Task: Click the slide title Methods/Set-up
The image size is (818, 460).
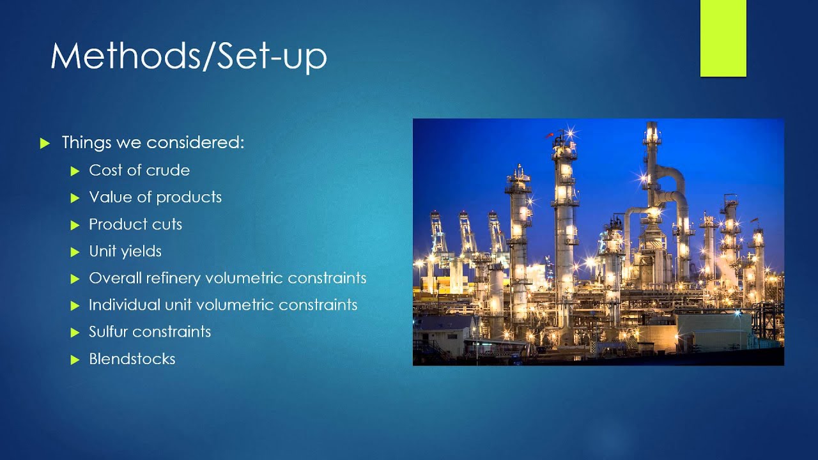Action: [189, 56]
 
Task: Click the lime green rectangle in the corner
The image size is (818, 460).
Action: [723, 38]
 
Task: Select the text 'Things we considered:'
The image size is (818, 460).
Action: [153, 142]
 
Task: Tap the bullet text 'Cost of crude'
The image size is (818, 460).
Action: [139, 171]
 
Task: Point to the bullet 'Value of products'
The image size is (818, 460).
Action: [155, 197]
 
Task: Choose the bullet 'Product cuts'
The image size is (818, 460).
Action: [135, 224]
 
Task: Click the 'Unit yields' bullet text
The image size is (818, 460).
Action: [125, 251]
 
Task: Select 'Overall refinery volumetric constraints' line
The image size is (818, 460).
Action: [228, 279]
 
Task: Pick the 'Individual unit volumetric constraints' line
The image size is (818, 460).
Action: [223, 305]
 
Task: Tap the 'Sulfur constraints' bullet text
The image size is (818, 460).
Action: [150, 332]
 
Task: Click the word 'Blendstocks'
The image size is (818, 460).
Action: [132, 359]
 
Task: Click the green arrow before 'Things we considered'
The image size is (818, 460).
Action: [44, 143]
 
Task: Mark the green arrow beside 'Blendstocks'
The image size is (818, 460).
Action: [75, 360]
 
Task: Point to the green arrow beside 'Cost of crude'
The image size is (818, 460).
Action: [75, 171]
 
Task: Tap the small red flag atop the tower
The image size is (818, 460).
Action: [548, 135]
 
